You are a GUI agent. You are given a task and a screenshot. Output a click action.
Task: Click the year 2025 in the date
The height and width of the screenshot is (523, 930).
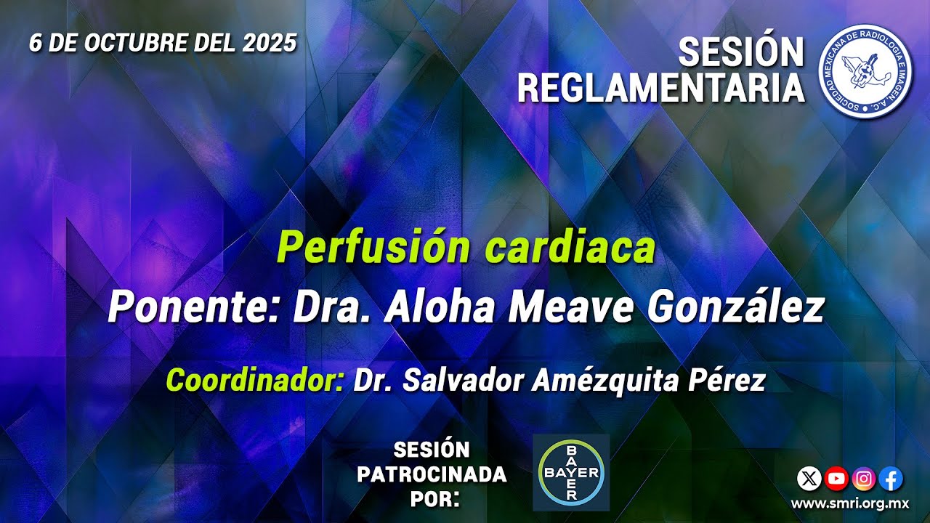[x=270, y=44]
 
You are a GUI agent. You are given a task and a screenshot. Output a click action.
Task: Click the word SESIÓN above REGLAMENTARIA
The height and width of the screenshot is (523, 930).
[x=741, y=53]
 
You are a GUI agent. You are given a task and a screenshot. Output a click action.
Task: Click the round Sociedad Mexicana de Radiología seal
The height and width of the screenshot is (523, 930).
[x=865, y=71]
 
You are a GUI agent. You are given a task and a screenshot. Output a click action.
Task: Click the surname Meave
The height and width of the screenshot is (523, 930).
[x=572, y=309]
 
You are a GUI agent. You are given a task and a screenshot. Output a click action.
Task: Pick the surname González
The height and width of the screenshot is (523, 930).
[x=736, y=309]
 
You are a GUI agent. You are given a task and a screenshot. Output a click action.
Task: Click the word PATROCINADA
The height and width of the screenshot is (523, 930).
[x=432, y=475]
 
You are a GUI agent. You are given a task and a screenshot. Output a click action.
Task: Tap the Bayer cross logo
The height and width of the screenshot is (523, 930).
[x=570, y=473]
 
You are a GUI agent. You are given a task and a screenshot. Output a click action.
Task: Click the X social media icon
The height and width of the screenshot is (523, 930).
[x=809, y=478]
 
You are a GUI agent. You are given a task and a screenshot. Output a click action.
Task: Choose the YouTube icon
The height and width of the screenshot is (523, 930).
[x=836, y=478]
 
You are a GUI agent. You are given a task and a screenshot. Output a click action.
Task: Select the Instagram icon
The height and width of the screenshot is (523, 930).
[x=864, y=478]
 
